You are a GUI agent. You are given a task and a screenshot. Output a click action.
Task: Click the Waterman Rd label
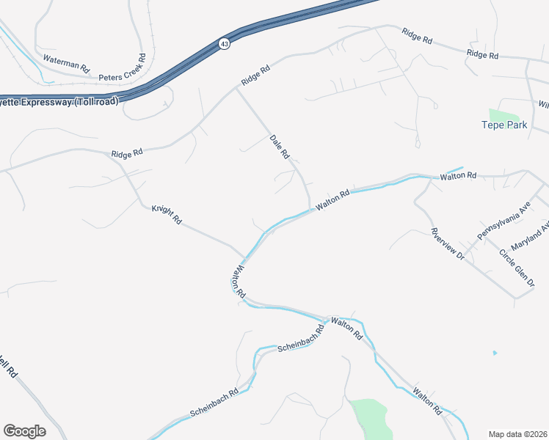pyautogui.click(x=65, y=62)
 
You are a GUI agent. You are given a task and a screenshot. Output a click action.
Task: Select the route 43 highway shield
pyautogui.click(x=224, y=45)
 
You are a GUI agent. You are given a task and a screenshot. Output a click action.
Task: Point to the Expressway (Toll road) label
pyautogui.click(x=55, y=102)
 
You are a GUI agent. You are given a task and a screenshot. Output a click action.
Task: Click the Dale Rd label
pyautogui.click(x=280, y=147)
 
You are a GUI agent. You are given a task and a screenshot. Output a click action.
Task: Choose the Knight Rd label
pyautogui.click(x=167, y=214)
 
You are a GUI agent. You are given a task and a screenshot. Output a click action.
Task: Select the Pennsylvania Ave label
pyautogui.click(x=503, y=222)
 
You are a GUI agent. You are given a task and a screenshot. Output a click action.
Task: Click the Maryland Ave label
pyautogui.click(x=530, y=235)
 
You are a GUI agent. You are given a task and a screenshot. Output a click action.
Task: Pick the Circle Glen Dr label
pyautogui.click(x=518, y=268)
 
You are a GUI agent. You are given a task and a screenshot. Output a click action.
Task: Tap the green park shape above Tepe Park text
pyautogui.click(x=503, y=114)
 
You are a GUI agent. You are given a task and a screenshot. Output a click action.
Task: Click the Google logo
pyautogui.click(x=24, y=431)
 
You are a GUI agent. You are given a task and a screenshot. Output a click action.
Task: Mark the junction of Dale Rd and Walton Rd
pyautogui.click(x=310, y=209)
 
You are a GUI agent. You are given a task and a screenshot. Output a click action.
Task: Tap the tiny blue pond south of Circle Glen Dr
pyautogui.click(x=495, y=353)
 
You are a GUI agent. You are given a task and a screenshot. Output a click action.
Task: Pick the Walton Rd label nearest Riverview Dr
pyautogui.click(x=458, y=176)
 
